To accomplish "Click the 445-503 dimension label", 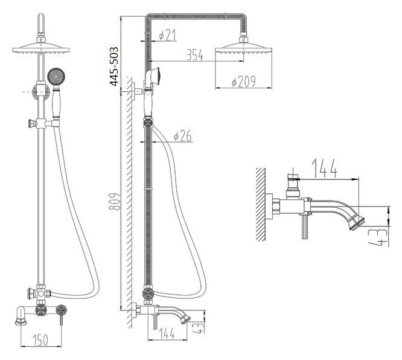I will click(114, 66).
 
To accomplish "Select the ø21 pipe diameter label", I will click(167, 36).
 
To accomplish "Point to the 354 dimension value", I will click(193, 56).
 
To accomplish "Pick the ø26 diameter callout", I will click(182, 137).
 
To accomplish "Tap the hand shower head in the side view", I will click(155, 76).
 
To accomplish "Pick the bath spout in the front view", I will click(21, 316).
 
